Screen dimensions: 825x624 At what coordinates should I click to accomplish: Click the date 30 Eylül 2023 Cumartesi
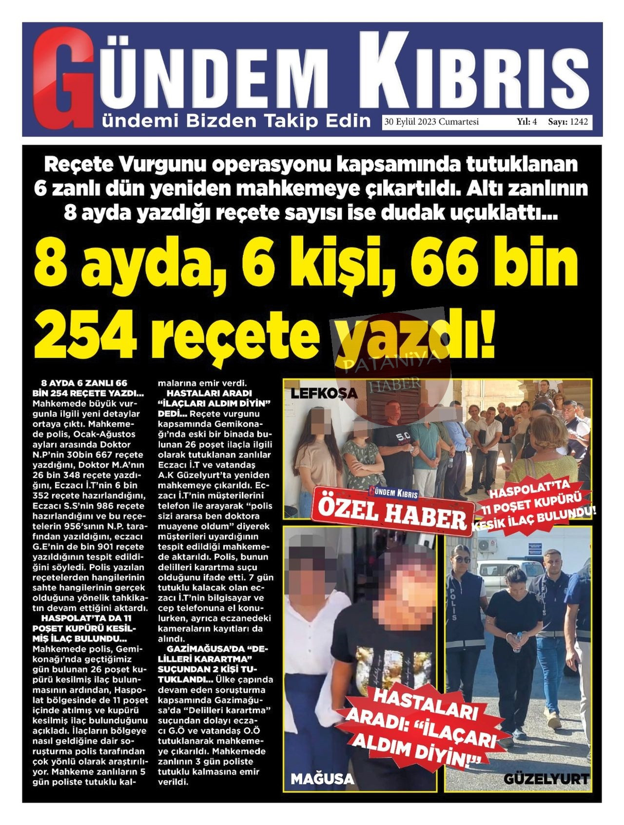(x=431, y=122)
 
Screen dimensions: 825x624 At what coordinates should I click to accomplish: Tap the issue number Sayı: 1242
(x=568, y=122)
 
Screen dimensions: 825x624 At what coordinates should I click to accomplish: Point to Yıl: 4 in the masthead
(x=527, y=122)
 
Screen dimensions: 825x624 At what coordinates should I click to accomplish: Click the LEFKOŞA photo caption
(x=324, y=393)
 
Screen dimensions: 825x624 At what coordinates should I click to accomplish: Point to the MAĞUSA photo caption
(x=322, y=779)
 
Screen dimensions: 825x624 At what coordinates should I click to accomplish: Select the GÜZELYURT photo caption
(x=546, y=779)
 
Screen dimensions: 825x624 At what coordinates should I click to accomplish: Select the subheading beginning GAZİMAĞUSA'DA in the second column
(x=213, y=659)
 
